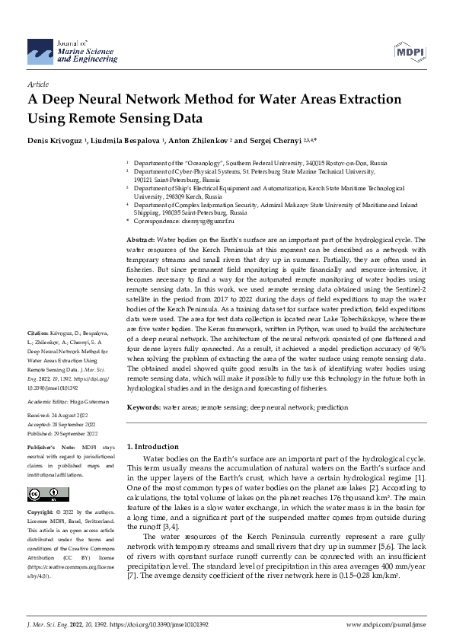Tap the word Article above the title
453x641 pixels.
(x=37, y=84)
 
